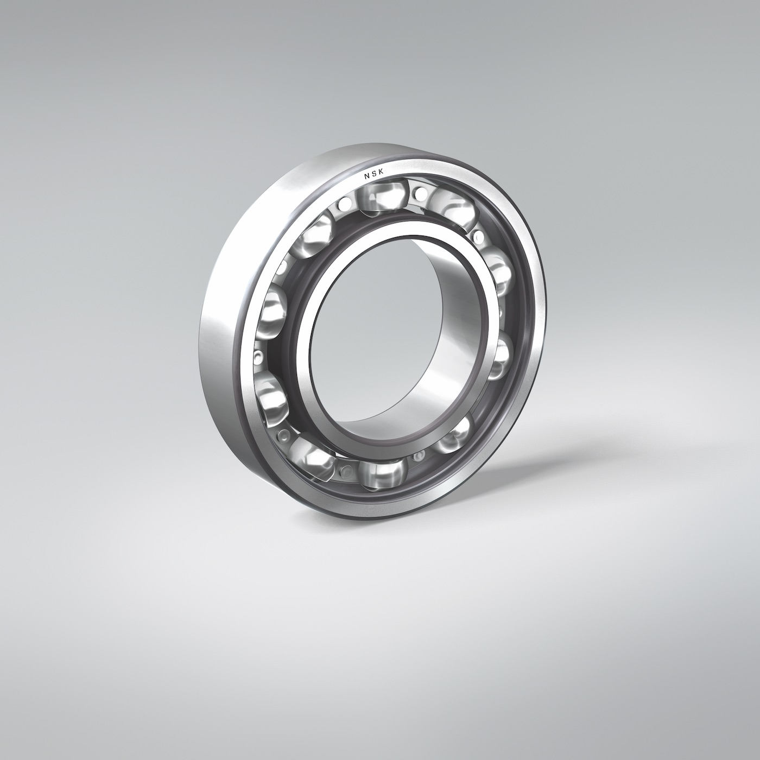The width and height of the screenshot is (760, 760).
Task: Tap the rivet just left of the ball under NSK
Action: pos(343,205)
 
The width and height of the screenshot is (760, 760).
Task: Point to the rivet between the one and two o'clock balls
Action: pos(479,235)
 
